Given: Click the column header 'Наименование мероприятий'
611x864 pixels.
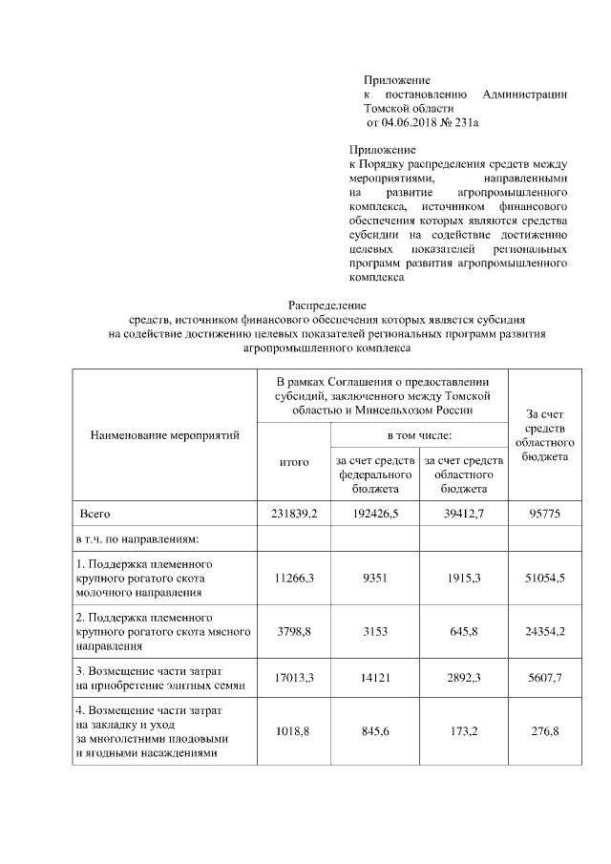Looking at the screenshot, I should click(164, 435).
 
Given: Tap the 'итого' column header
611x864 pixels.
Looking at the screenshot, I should click(294, 462).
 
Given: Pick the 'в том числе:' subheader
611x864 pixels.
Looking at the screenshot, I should click(419, 435).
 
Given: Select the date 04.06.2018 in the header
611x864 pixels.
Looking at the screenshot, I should click(409, 122).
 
